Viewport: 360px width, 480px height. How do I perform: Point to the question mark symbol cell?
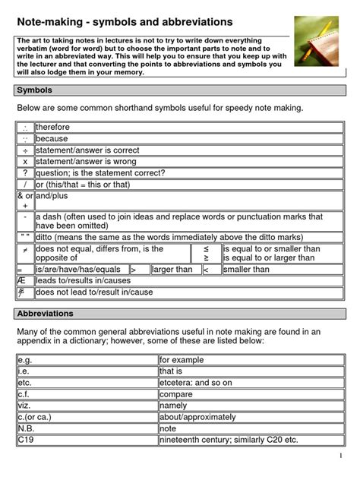[x=25, y=172]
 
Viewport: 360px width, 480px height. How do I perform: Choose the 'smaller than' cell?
[x=247, y=269]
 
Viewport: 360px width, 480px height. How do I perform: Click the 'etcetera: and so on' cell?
[x=197, y=383]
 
